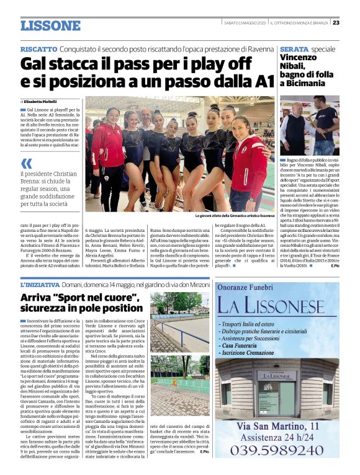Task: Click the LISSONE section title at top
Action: pyautogui.click(x=50, y=25)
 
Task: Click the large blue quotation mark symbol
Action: pyautogui.click(x=26, y=164)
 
